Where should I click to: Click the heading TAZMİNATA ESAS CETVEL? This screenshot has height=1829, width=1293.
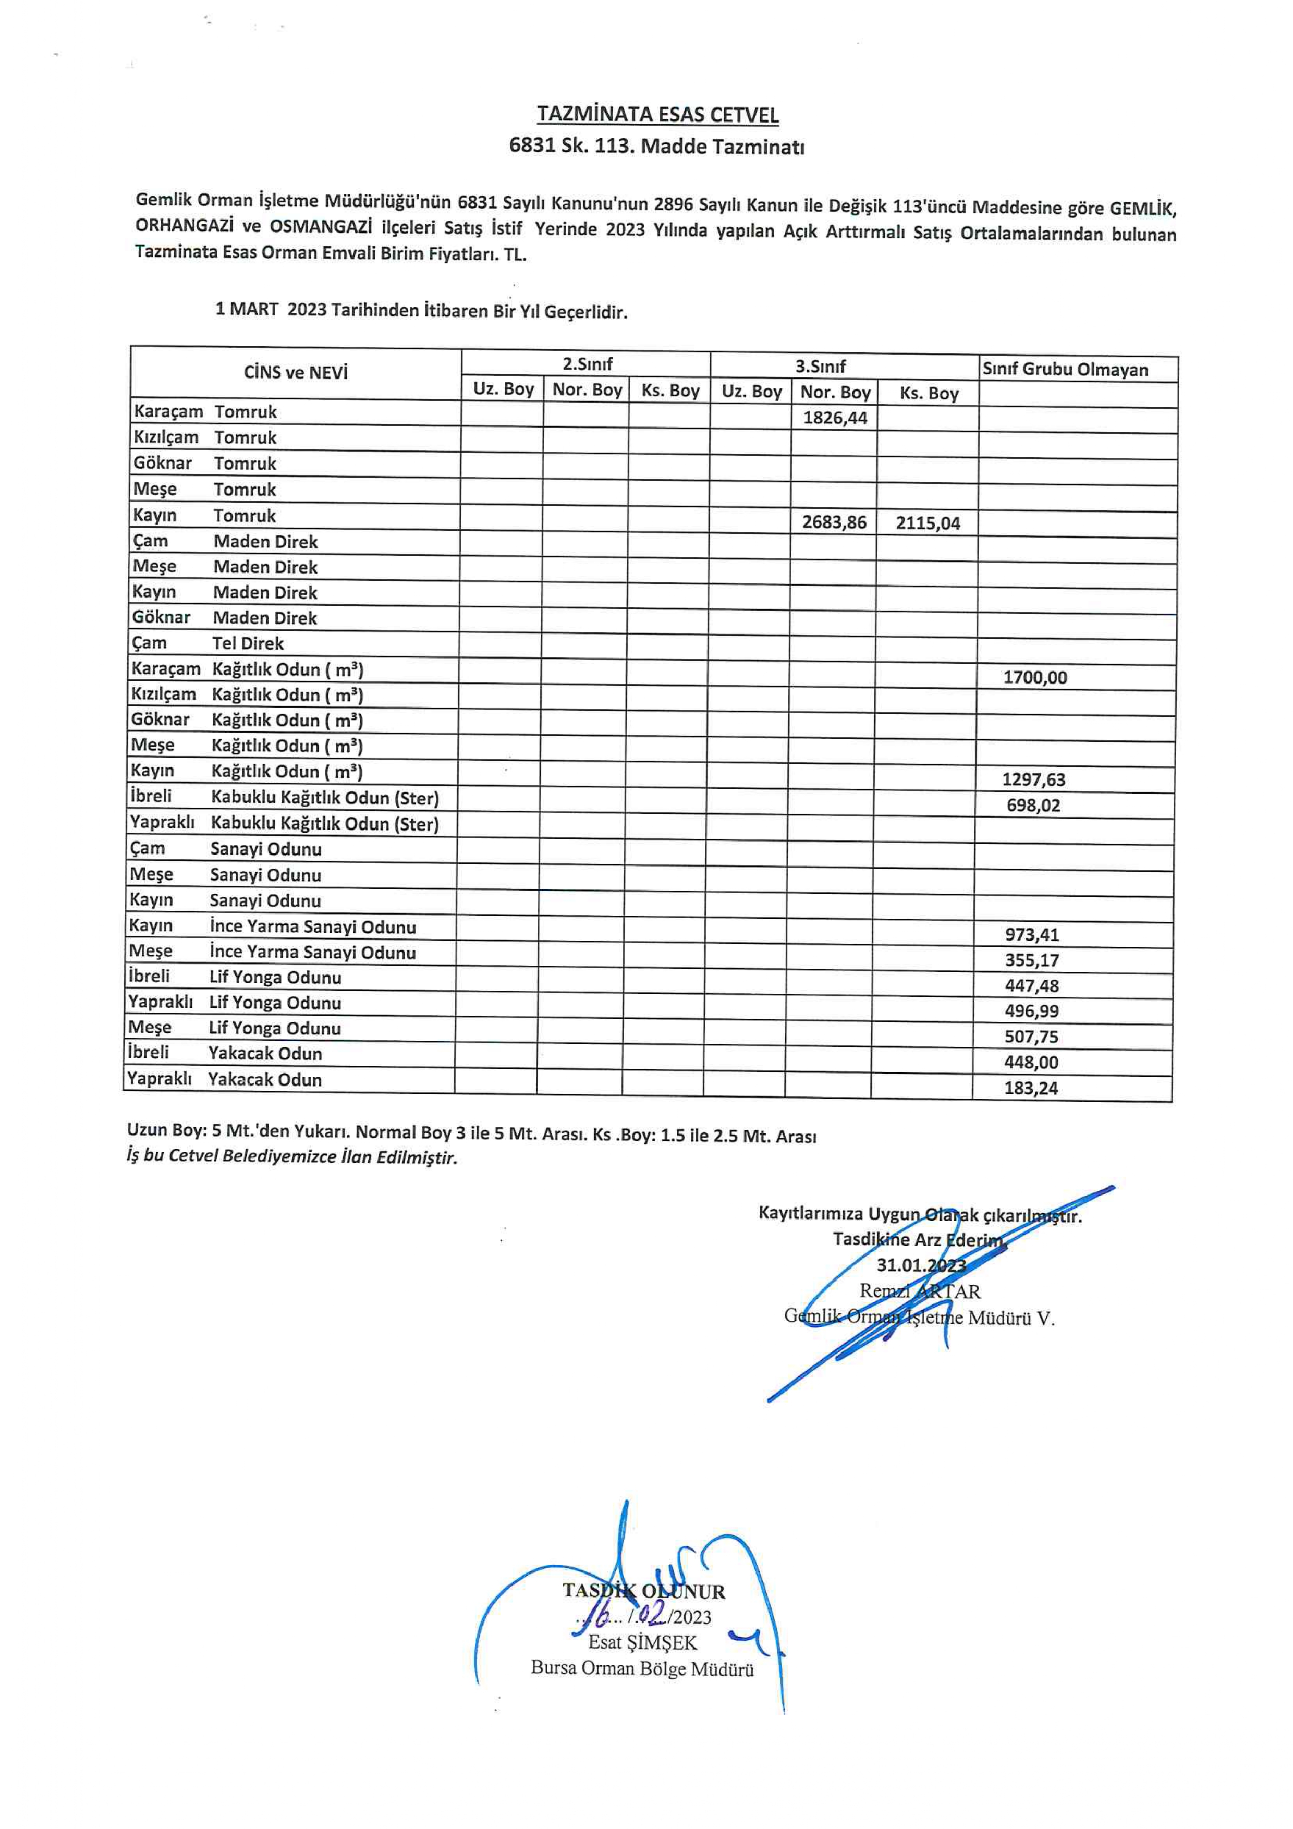[x=657, y=115]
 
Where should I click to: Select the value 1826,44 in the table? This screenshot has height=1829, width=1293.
[x=834, y=418]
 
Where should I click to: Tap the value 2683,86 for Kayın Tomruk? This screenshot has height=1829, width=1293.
[x=833, y=523]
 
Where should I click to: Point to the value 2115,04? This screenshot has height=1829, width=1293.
[x=928, y=523]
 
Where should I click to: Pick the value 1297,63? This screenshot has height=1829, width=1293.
[x=1033, y=780]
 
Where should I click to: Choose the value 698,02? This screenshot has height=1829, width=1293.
[x=1033, y=806]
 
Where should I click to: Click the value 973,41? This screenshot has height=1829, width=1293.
[x=1032, y=934]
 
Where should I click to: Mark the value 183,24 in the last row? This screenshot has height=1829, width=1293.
[x=1031, y=1088]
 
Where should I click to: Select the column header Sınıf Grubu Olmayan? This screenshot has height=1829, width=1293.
[x=1065, y=370]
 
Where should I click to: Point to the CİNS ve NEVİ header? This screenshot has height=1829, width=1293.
[x=296, y=372]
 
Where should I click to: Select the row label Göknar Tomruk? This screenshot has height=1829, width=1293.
[x=205, y=464]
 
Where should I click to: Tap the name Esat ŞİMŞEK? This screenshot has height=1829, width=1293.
[x=642, y=1642]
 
